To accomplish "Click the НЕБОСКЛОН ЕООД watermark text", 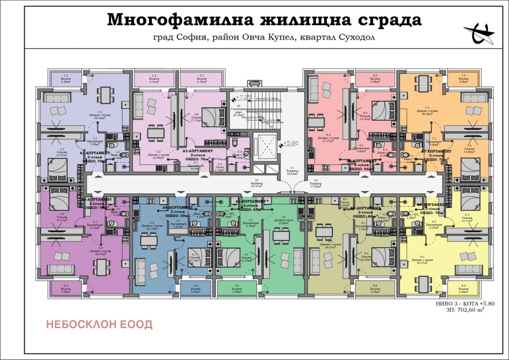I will tap(99, 324).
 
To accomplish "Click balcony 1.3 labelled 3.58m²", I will tap(66, 79).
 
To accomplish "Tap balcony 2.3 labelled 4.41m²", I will tap(154, 79).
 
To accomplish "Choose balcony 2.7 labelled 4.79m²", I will tap(201, 79).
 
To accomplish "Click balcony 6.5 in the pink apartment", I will tap(375, 79).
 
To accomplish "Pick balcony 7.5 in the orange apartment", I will tap(463, 79).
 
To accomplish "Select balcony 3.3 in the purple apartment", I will tap(66, 289).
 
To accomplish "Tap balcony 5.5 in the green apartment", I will tap(237, 289).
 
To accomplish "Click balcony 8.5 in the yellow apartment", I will tap(463, 289).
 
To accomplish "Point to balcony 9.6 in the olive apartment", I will tap(375, 289).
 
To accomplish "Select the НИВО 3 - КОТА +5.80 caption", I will tap(465, 303).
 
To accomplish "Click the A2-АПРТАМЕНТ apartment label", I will tap(198, 151).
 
